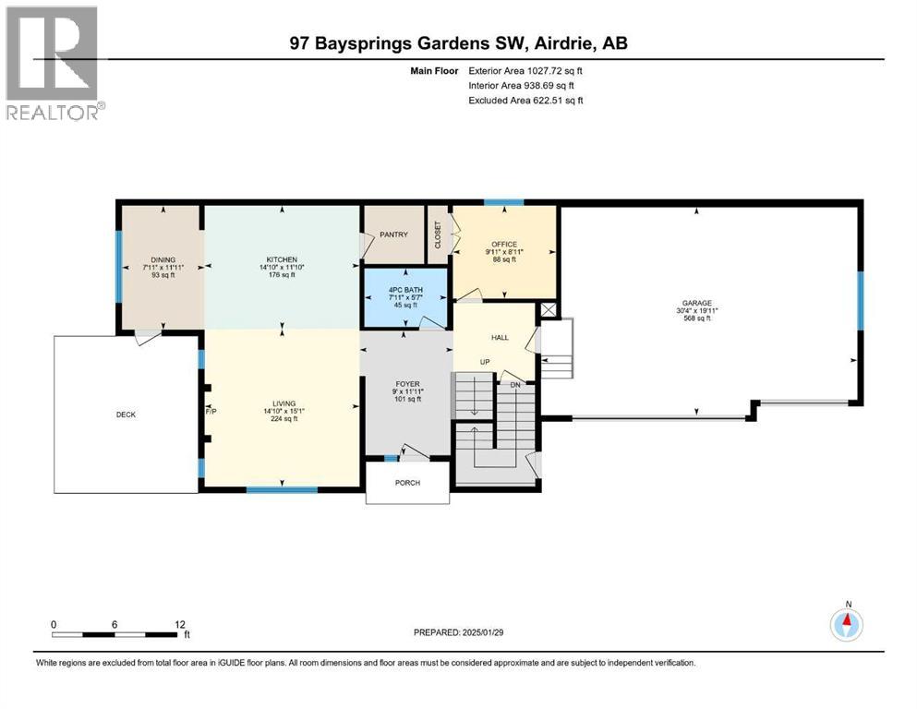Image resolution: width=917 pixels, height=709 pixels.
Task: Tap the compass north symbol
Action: tap(846, 625)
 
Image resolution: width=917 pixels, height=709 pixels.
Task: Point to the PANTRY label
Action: tap(393, 234)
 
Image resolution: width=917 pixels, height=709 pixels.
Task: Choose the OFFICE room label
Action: tap(503, 245)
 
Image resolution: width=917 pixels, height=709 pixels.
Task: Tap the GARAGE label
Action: tap(697, 303)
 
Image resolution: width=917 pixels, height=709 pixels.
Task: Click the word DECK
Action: tap(126, 415)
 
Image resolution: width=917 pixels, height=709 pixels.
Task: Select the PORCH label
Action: tap(407, 483)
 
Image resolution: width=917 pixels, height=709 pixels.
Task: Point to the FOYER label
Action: tap(407, 383)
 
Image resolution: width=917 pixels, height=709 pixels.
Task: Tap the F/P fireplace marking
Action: tap(211, 413)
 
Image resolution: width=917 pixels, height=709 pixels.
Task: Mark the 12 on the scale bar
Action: tap(180, 624)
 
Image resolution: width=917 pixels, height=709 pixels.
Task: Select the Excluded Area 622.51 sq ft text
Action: tap(526, 100)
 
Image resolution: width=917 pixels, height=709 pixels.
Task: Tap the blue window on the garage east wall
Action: tap(860, 300)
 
